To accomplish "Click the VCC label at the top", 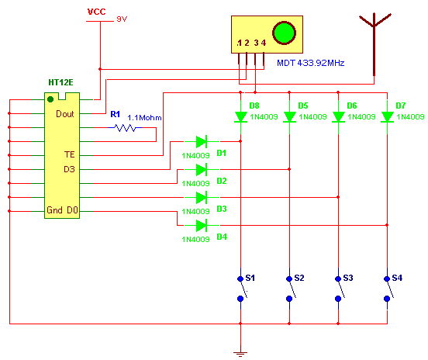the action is point(96,12).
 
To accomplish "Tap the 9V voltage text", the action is point(122,19).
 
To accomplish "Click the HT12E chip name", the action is point(60,82).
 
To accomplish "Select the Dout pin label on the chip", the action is point(65,114).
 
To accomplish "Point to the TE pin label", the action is point(70,154).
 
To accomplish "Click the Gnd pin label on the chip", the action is point(54,210).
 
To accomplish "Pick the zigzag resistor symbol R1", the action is point(125,127).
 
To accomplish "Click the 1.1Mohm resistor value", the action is point(144,118).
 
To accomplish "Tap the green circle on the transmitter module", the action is point(284,33).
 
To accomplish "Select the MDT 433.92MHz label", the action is point(311,63).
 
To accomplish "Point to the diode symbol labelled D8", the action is point(240,117).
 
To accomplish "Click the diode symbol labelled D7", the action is point(387,117).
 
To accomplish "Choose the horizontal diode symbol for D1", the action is point(202,141).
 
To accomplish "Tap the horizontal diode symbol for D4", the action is point(202,225).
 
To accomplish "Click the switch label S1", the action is point(250,278).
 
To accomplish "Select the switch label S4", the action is point(397,278).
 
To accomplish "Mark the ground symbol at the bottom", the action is point(240,354).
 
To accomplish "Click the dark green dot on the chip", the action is point(50,99).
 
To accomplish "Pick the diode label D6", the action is point(352,106).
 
